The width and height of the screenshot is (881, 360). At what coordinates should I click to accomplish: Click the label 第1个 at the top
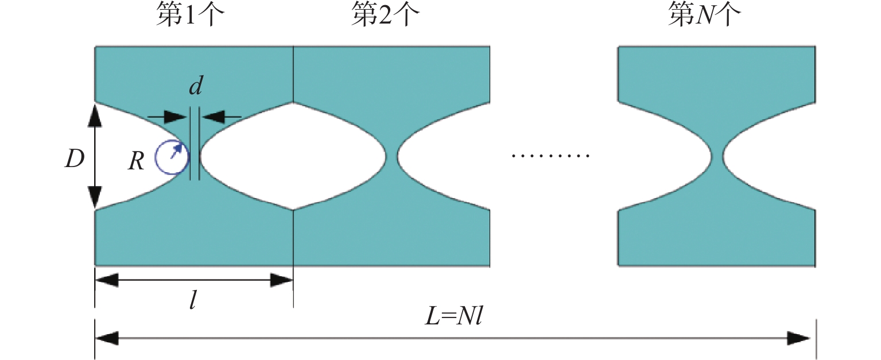(x=191, y=14)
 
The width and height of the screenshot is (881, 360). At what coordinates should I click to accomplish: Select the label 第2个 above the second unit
(x=386, y=14)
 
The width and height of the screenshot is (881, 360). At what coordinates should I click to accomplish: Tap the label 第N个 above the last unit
(x=704, y=14)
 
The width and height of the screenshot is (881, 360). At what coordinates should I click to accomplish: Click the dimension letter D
(x=75, y=160)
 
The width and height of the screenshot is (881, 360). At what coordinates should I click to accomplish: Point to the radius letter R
(x=136, y=161)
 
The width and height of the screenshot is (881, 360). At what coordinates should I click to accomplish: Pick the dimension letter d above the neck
(x=196, y=86)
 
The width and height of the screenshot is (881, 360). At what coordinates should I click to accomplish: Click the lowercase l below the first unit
(x=193, y=301)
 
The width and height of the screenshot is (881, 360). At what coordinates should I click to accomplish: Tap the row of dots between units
(x=550, y=156)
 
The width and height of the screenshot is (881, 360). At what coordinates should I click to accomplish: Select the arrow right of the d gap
(x=221, y=117)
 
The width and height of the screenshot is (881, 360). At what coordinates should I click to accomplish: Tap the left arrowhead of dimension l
(x=107, y=280)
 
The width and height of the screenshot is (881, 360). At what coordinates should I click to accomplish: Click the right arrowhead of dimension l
(x=282, y=280)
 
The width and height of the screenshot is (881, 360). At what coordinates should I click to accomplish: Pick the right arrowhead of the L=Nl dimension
(x=799, y=338)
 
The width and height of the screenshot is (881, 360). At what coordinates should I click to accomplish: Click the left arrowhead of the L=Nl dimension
(x=107, y=338)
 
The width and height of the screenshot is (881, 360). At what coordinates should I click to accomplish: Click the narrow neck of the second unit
(x=392, y=156)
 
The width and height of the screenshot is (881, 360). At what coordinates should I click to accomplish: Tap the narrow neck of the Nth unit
(x=717, y=156)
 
